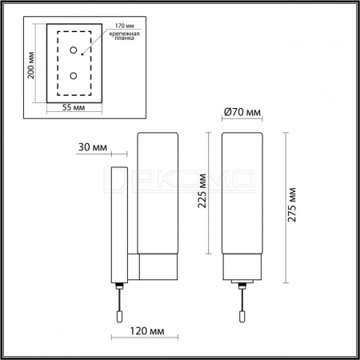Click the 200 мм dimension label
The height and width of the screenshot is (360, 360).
coord(31,65)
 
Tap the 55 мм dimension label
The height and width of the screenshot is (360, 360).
coord(74,107)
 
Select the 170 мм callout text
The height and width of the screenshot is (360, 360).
coord(124,26)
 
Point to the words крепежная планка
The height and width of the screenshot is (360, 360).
coord(124,36)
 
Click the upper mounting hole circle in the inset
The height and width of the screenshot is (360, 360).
coord(74,50)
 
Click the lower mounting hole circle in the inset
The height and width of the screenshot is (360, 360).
coord(74,76)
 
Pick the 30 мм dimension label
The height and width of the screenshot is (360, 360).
coord(93,147)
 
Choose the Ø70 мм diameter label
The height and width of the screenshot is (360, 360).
coord(242,112)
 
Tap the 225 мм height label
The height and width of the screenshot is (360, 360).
coord(202,190)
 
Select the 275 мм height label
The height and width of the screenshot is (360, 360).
coord(292,205)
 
